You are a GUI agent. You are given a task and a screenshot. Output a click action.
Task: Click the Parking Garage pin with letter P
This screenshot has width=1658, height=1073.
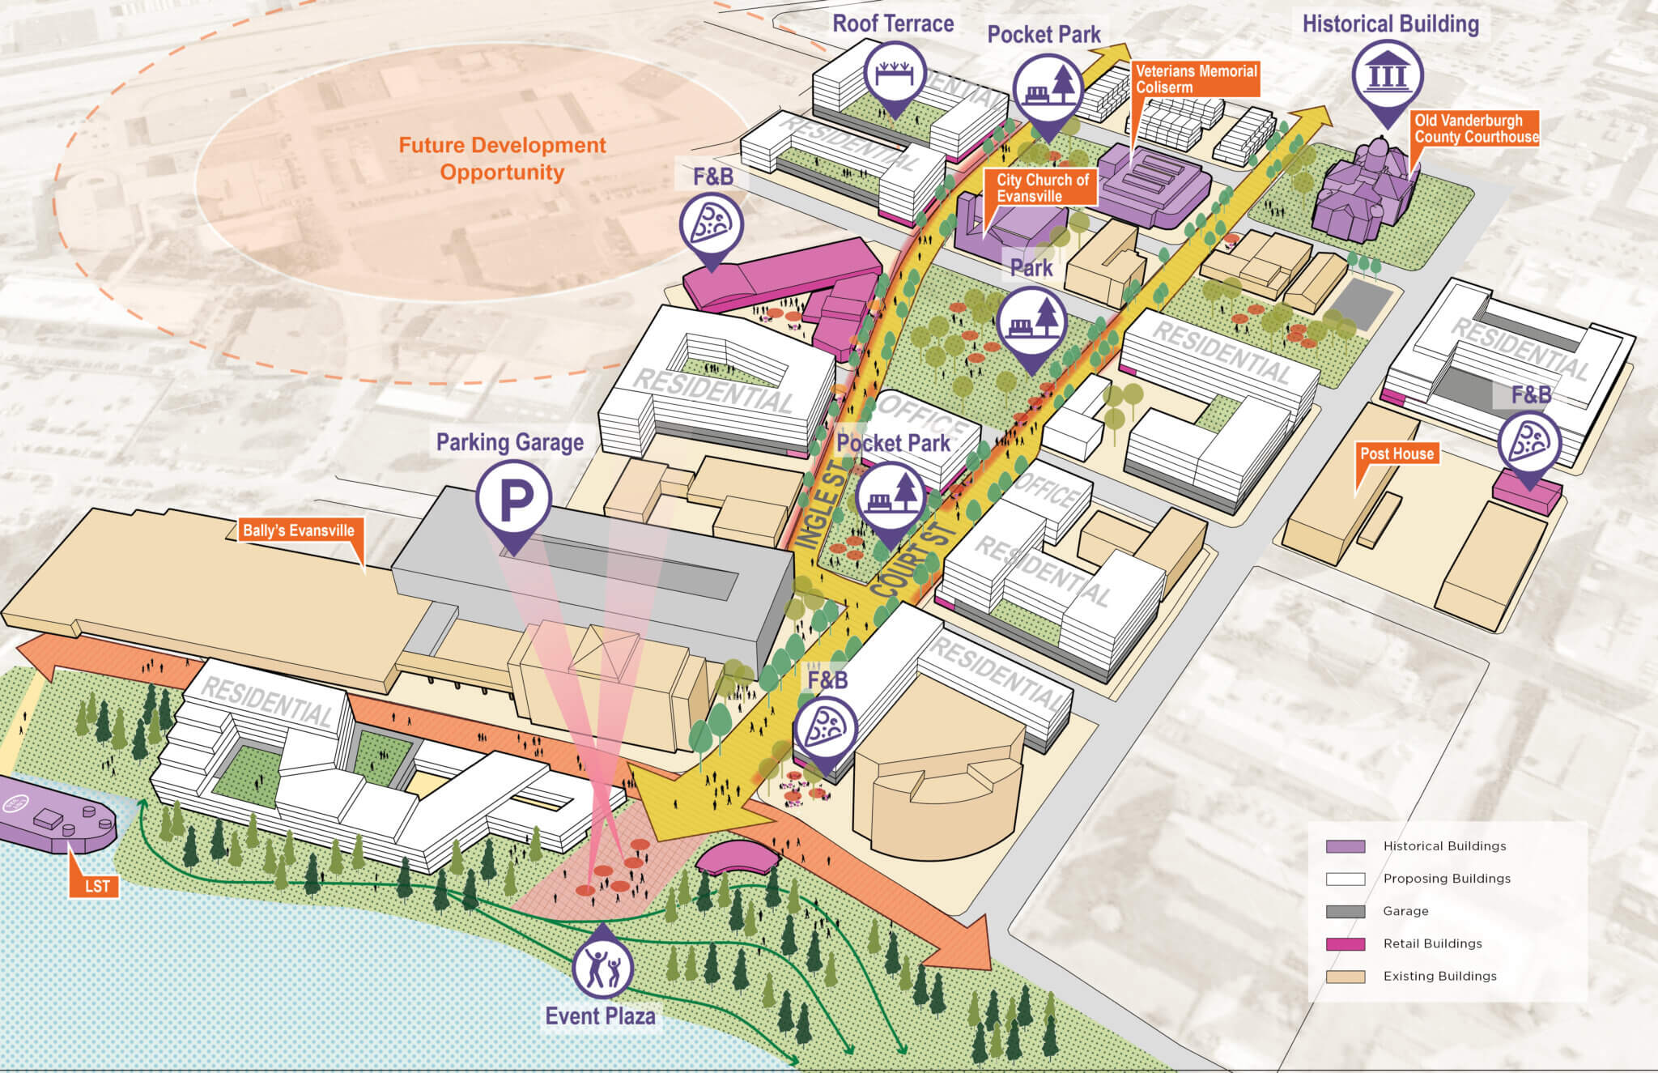coord(513,500)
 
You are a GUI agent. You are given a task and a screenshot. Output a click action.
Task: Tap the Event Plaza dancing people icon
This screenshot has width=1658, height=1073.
coord(602,968)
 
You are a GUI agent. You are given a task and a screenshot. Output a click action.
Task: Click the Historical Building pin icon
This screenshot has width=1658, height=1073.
coord(1388,76)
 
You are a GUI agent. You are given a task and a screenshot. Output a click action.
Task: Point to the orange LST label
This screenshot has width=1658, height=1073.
coord(96,886)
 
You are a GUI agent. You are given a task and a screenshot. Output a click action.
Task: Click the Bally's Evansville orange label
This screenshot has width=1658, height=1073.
coord(299,531)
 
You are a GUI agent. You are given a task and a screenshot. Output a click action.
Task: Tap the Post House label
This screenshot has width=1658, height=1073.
coord(1397,453)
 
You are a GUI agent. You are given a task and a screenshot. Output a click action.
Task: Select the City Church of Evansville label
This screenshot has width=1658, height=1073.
coord(1041,188)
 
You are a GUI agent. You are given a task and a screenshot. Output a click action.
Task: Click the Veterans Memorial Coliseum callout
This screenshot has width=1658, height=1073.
coord(1195,79)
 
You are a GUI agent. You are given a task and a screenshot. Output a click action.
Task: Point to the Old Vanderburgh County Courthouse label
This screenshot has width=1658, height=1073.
coord(1475,129)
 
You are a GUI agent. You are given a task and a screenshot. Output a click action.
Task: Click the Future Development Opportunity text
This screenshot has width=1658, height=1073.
coord(502,159)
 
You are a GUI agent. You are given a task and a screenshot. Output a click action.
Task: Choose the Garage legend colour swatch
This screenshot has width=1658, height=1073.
coord(1346,911)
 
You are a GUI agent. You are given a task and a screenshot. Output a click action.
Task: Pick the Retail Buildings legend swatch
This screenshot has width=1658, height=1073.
coord(1346,943)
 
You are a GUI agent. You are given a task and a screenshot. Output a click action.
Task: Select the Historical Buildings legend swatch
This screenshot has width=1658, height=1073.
coord(1346,846)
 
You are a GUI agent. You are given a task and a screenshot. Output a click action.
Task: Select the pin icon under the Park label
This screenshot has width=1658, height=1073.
coord(1031,322)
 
